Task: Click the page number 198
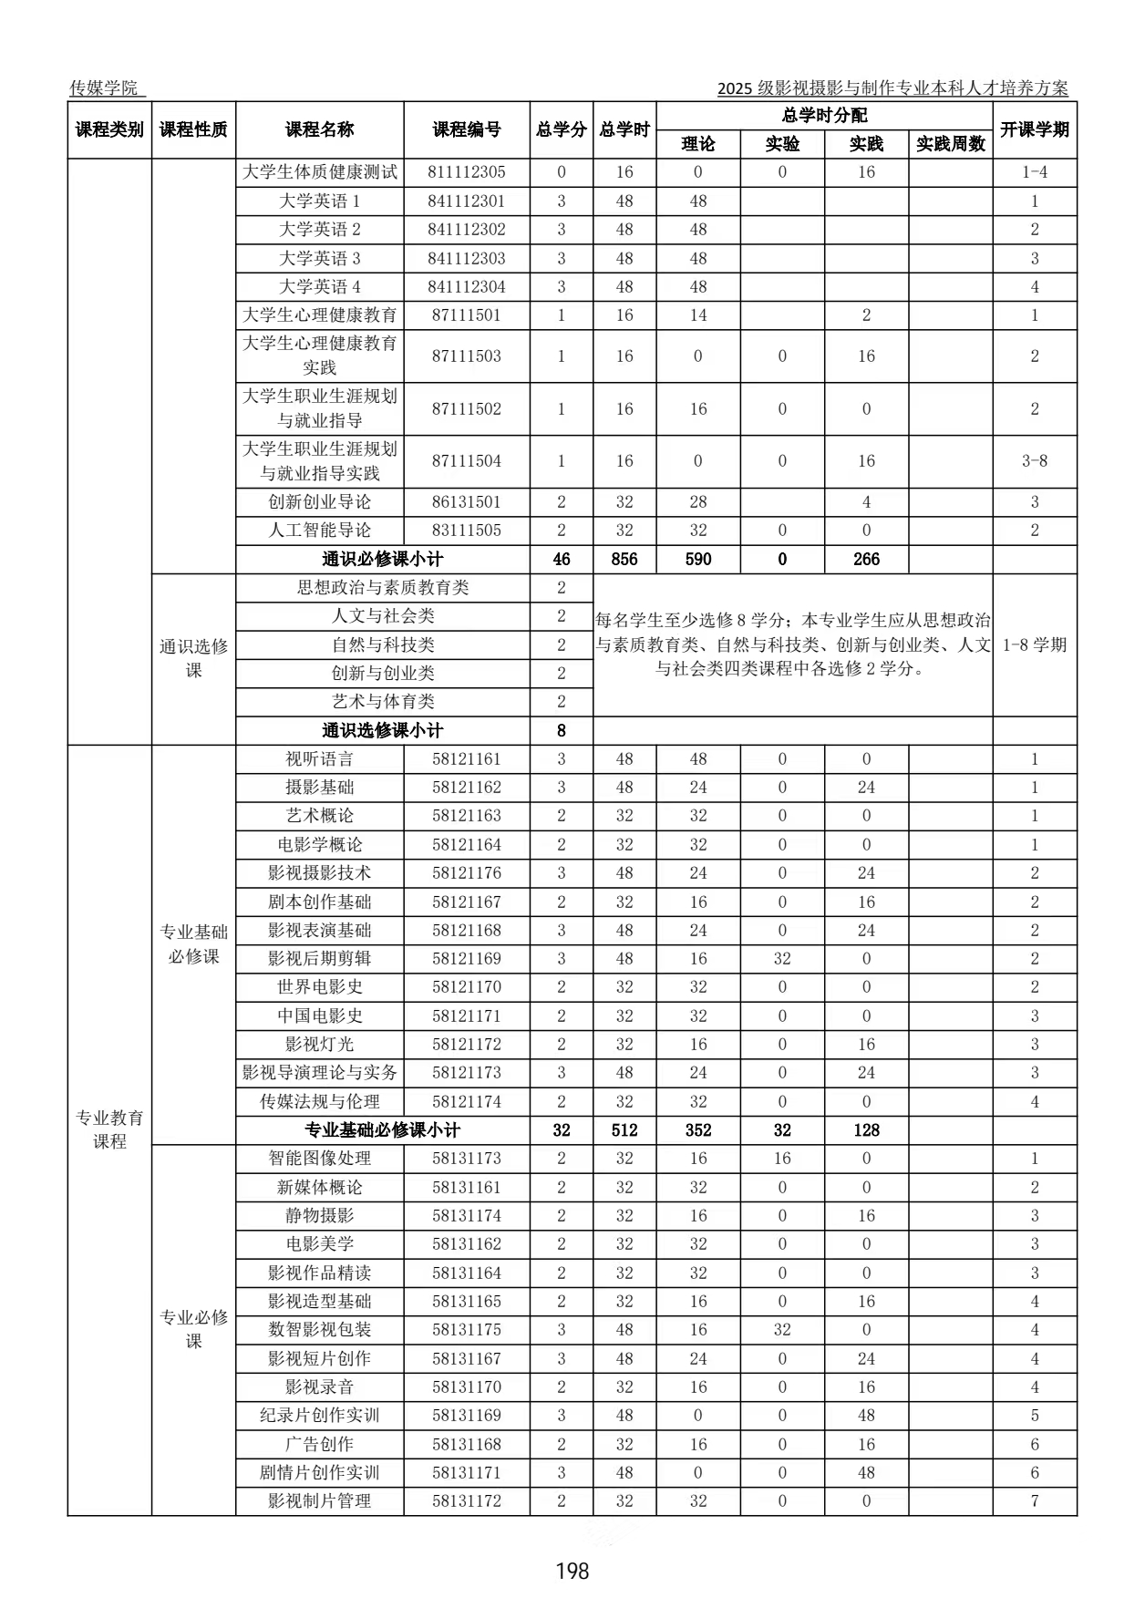click(x=572, y=1570)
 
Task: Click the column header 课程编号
click(x=467, y=130)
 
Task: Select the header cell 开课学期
click(x=1034, y=130)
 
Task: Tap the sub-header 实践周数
click(x=950, y=144)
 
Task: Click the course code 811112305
click(x=467, y=172)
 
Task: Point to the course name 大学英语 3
click(x=319, y=258)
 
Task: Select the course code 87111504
click(x=467, y=461)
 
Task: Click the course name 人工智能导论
click(x=319, y=531)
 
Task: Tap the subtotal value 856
click(x=624, y=559)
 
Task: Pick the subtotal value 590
click(x=698, y=559)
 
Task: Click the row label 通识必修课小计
click(x=383, y=559)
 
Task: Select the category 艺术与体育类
click(x=383, y=702)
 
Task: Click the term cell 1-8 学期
click(x=1034, y=644)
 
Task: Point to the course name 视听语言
click(x=319, y=759)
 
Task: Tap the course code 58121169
click(x=467, y=959)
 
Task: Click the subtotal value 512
click(x=624, y=1130)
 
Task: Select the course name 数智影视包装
click(x=319, y=1330)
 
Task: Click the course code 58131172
click(x=467, y=1501)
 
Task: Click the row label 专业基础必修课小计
click(x=383, y=1130)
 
